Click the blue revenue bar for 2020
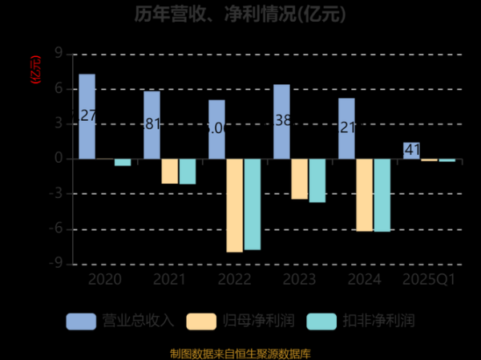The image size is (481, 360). (87, 116)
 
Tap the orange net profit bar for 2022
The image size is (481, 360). (234, 205)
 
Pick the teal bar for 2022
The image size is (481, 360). (252, 204)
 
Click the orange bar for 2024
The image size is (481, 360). (364, 195)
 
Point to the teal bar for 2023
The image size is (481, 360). (317, 180)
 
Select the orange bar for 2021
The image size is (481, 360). (169, 171)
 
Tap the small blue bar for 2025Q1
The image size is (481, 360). (411, 151)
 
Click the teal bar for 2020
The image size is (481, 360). (123, 162)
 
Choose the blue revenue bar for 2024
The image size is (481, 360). (346, 128)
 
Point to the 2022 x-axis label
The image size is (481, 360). (233, 279)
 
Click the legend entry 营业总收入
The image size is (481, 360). (120, 321)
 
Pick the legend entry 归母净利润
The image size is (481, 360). (240, 321)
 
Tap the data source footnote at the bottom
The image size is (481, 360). (240, 353)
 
